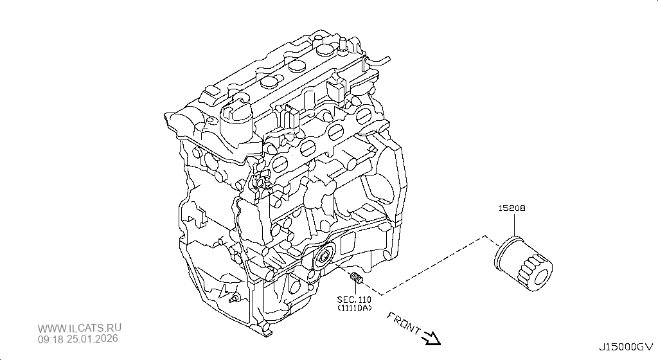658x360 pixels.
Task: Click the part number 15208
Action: click(x=512, y=208)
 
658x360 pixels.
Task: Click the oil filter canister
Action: click(x=523, y=264)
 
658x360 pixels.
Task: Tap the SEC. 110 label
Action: click(x=354, y=300)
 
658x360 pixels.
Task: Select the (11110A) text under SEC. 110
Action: click(x=355, y=308)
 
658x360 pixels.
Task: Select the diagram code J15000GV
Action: click(x=626, y=347)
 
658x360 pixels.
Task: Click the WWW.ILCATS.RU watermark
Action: click(x=80, y=328)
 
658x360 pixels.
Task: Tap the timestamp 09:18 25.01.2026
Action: click(x=78, y=339)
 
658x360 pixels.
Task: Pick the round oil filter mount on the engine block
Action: click(x=325, y=258)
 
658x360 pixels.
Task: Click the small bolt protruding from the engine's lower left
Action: click(x=235, y=299)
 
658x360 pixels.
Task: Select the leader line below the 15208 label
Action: click(x=513, y=225)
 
